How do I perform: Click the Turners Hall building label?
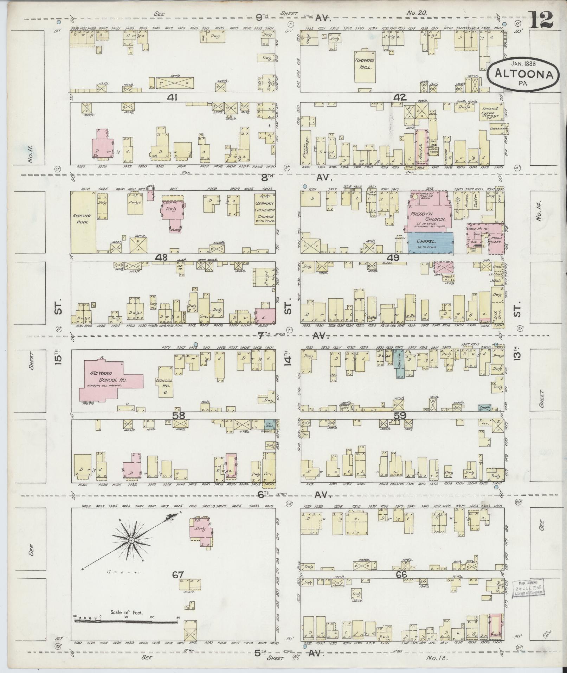coord(364,64)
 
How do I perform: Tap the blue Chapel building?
coord(430,243)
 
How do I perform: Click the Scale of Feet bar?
coord(125,622)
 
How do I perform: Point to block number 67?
coord(178,575)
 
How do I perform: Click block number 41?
coord(172,97)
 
